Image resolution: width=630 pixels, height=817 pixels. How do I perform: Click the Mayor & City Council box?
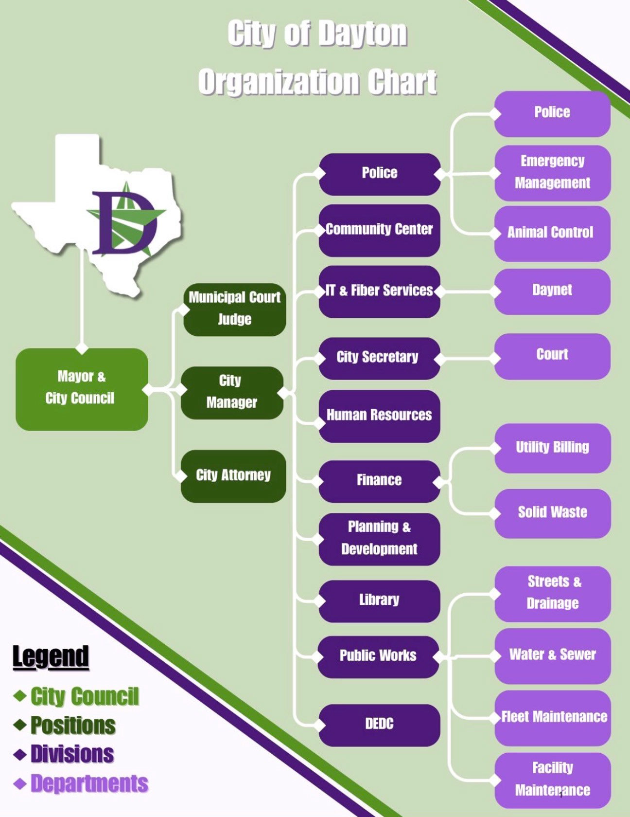click(x=82, y=389)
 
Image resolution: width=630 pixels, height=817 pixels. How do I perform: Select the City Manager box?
click(x=232, y=392)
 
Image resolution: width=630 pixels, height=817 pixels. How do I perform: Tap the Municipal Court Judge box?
click(x=235, y=309)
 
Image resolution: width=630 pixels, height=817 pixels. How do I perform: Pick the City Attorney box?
click(x=233, y=475)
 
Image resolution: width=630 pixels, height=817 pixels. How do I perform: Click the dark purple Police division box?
click(x=379, y=174)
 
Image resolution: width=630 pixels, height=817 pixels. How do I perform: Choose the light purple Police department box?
click(x=552, y=113)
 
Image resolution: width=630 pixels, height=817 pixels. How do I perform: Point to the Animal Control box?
click(x=552, y=233)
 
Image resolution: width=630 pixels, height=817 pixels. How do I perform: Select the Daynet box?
click(x=552, y=291)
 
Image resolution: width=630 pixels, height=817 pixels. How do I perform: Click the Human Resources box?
click(x=379, y=416)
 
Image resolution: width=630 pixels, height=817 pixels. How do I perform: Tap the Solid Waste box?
click(x=552, y=513)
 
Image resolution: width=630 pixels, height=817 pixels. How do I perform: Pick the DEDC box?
click(x=379, y=725)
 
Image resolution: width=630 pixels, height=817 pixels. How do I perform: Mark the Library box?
click(x=379, y=600)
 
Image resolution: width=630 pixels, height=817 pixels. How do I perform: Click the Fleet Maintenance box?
click(x=553, y=717)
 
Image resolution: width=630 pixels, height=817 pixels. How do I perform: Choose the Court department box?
click(x=552, y=355)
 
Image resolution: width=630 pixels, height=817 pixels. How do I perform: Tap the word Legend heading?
click(x=51, y=657)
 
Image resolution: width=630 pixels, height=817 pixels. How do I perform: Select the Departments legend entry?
click(x=89, y=784)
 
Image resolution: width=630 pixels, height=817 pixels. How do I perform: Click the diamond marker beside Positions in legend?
click(x=20, y=726)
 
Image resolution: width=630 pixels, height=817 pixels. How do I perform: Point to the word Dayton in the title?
click(x=362, y=34)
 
